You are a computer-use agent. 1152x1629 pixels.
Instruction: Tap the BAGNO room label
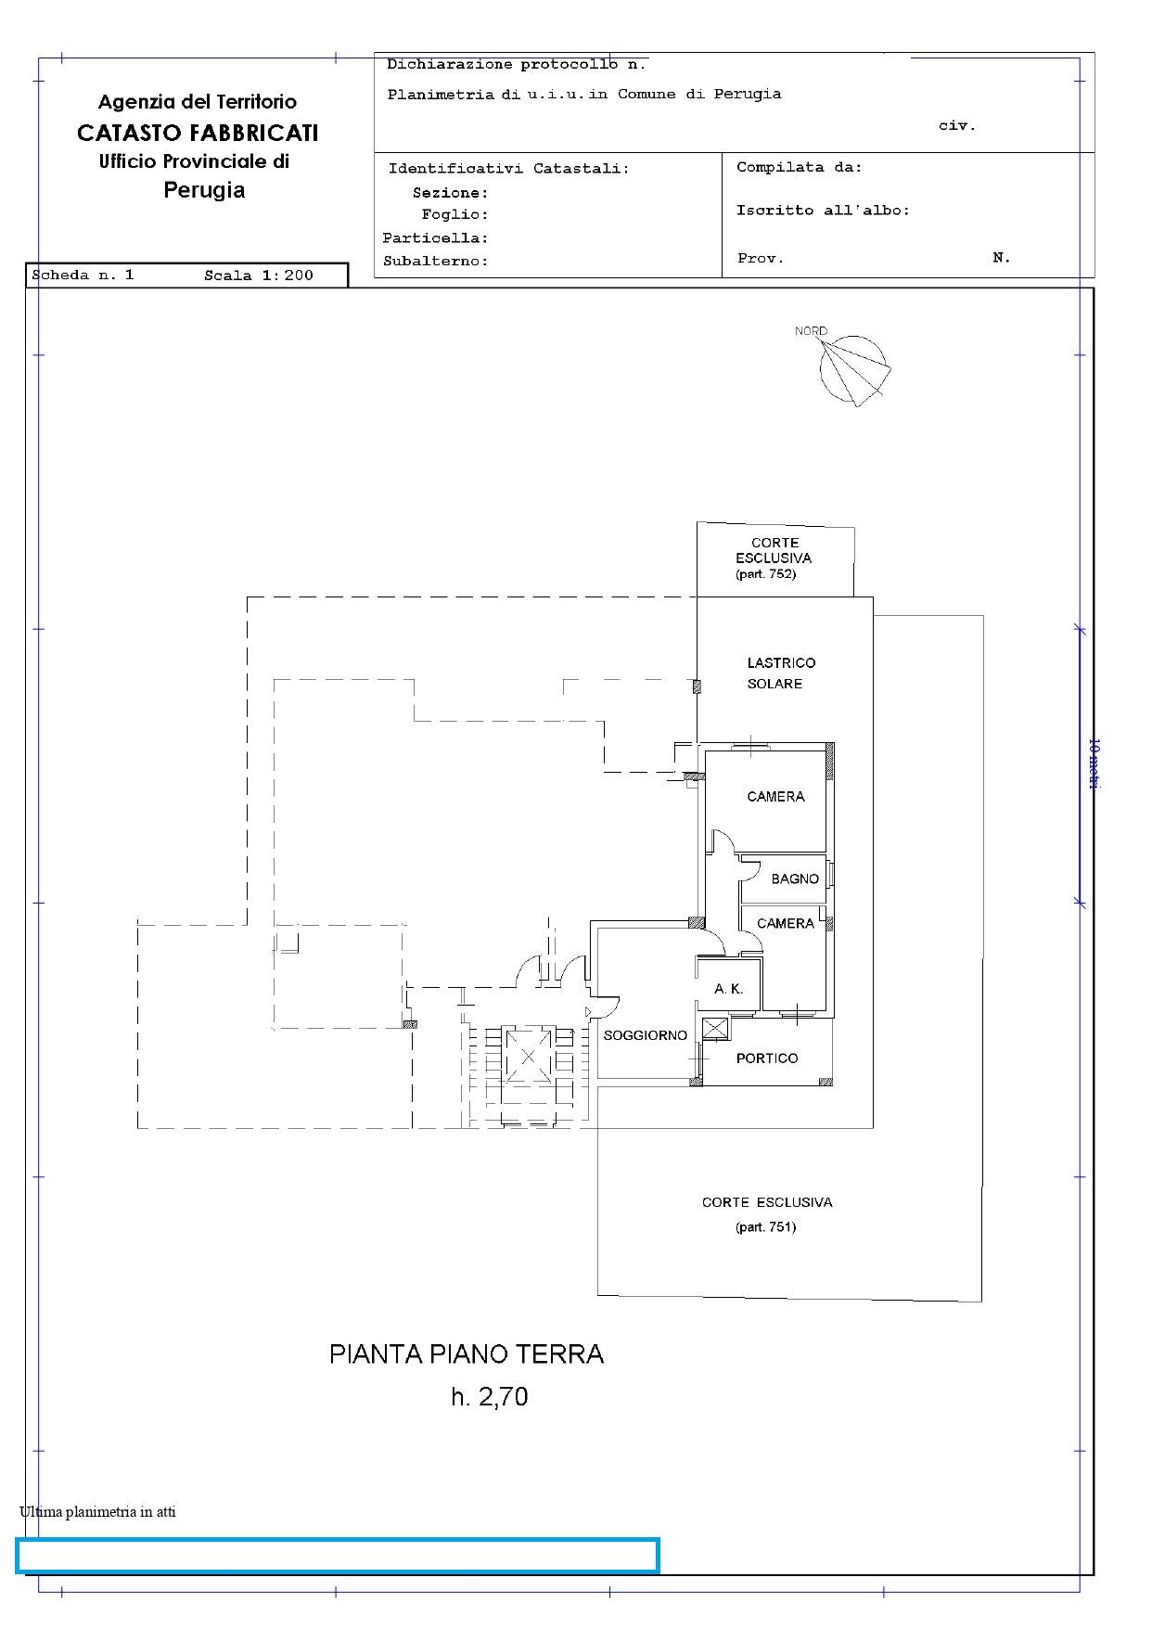point(795,879)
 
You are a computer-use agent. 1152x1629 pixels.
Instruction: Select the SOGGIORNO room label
point(645,1035)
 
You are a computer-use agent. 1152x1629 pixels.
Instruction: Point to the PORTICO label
point(767,1058)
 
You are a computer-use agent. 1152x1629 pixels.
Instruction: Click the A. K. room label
point(729,989)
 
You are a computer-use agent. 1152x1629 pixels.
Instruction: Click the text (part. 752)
point(766,574)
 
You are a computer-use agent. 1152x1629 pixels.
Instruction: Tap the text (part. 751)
point(766,1226)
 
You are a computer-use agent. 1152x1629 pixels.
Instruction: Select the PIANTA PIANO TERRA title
point(467,1354)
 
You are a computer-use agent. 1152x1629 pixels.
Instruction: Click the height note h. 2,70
point(490,1396)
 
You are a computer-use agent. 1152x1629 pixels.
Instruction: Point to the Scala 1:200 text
point(259,276)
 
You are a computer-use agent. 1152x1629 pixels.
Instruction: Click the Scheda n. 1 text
point(83,276)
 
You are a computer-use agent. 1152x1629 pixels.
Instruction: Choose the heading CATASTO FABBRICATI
point(198,133)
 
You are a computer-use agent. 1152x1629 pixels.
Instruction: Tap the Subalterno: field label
point(436,262)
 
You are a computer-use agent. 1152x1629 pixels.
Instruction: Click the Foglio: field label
point(454,215)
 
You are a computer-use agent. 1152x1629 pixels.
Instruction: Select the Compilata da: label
point(800,168)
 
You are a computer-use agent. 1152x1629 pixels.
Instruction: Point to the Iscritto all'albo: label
point(824,211)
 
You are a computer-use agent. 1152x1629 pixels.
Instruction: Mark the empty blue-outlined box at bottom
point(338,1556)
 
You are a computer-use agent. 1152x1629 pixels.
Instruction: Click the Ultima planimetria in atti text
point(97,1511)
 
